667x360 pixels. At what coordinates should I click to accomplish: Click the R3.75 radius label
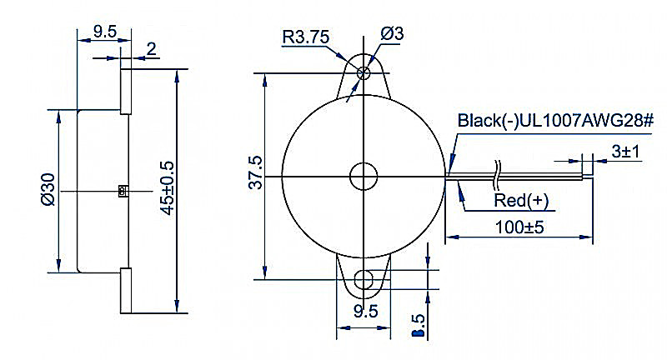[x=307, y=36]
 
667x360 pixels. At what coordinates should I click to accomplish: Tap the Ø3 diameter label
[x=392, y=33]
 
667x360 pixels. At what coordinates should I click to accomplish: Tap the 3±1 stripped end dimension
[x=624, y=152]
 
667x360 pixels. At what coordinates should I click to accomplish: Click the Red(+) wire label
[x=522, y=201]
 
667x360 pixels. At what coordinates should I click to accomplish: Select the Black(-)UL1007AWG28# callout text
[x=555, y=121]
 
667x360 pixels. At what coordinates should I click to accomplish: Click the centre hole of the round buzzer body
[x=364, y=176]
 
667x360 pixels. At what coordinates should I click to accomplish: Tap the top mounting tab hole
[x=364, y=73]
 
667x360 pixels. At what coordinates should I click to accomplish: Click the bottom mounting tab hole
[x=364, y=279]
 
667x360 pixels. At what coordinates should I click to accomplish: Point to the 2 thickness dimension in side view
[x=151, y=49]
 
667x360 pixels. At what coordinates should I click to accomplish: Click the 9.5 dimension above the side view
[x=105, y=32]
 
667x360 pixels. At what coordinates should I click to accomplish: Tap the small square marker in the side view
[x=123, y=192]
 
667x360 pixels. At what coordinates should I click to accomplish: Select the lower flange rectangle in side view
[x=126, y=290]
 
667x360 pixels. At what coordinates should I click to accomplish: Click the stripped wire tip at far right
[x=588, y=172]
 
